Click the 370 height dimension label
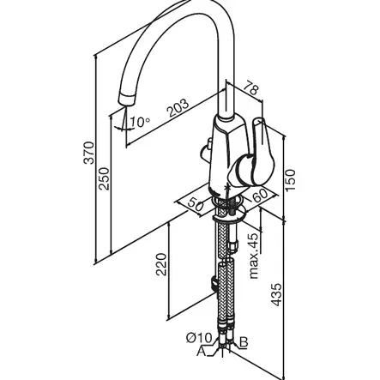88,153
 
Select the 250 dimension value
104,178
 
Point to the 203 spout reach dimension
178,108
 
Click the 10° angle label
140,122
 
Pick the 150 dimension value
290,181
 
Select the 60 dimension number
260,195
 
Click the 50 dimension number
196,204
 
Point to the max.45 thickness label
254,256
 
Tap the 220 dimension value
161,264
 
